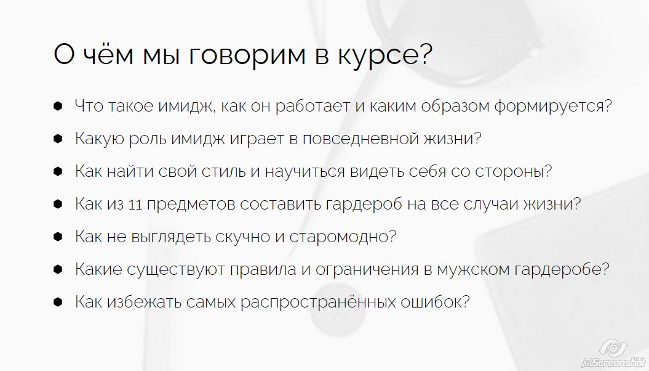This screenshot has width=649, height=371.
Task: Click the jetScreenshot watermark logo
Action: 616,353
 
